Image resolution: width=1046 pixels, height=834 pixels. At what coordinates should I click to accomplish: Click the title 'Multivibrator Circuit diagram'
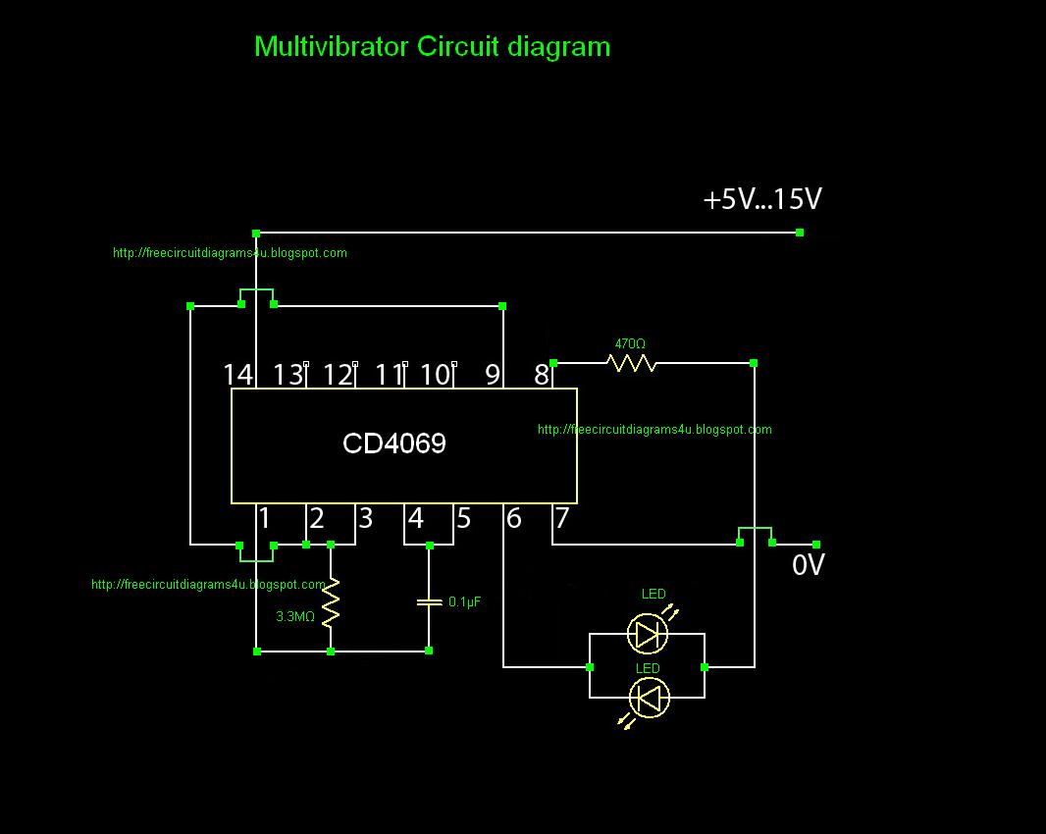(x=433, y=47)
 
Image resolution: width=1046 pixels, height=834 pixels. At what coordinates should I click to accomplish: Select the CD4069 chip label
(x=394, y=443)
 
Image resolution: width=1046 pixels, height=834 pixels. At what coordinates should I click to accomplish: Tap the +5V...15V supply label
(x=762, y=199)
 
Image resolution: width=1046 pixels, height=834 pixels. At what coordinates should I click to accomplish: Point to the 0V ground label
(x=809, y=565)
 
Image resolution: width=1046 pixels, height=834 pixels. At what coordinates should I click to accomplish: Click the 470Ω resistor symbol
(x=631, y=363)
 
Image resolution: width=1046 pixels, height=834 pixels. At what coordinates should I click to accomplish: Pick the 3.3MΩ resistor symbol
(x=331, y=602)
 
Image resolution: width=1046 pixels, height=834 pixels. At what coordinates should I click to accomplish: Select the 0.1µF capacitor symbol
(x=429, y=602)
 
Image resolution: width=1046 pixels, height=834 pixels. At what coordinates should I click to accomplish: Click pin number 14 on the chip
(x=238, y=375)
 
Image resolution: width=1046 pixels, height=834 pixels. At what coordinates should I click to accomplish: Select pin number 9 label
(x=493, y=375)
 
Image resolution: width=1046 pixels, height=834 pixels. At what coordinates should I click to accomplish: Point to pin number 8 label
(x=541, y=375)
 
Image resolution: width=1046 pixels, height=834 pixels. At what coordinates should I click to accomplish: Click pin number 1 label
(x=265, y=518)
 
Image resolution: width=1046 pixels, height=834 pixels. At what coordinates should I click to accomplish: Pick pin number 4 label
(x=416, y=518)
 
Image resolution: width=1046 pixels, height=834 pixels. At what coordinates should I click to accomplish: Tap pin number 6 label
(x=513, y=518)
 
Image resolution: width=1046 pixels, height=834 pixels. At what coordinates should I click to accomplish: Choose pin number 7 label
(x=562, y=518)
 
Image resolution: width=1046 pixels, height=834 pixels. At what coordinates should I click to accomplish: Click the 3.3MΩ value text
(x=295, y=616)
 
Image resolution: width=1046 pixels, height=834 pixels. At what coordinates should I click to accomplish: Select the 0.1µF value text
(x=464, y=601)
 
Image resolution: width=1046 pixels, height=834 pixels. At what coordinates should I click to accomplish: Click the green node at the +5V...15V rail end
(x=800, y=233)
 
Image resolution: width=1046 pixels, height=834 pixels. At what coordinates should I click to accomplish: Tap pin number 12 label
(x=338, y=375)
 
